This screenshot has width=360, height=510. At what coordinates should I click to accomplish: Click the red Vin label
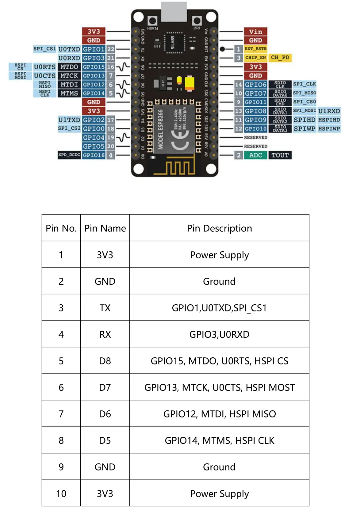point(255,32)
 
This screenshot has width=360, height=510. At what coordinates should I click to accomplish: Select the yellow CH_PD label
point(280,58)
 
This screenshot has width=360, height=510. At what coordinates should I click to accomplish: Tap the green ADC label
point(255,155)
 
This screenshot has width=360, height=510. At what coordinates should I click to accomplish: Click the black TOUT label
point(280,155)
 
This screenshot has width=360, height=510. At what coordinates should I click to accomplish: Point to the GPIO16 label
point(94,155)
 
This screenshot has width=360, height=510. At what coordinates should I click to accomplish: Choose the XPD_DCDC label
point(69,155)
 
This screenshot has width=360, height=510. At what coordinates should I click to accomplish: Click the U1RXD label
point(329,111)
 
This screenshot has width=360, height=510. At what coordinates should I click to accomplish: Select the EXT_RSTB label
point(255,49)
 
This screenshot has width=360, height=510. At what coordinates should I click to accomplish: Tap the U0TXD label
point(69,49)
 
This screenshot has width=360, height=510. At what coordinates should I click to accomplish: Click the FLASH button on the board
point(152,21)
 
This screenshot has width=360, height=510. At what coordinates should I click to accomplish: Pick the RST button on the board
point(197,21)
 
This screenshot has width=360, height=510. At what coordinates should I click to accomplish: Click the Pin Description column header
point(219,228)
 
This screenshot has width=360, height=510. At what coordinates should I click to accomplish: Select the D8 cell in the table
point(105,361)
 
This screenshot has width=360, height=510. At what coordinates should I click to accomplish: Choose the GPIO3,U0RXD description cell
point(219,334)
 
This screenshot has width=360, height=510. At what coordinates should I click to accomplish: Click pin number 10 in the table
point(61,493)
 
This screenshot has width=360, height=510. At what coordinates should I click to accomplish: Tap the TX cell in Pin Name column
point(105,308)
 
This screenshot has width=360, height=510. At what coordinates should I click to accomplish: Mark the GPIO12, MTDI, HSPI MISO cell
point(219,414)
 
